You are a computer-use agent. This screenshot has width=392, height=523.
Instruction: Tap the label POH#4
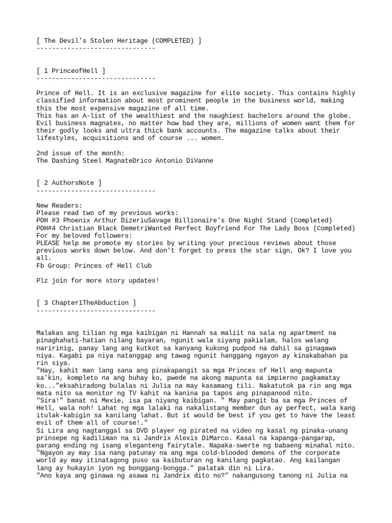coord(47,228)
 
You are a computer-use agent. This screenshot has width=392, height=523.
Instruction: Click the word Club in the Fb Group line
coord(143,266)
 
